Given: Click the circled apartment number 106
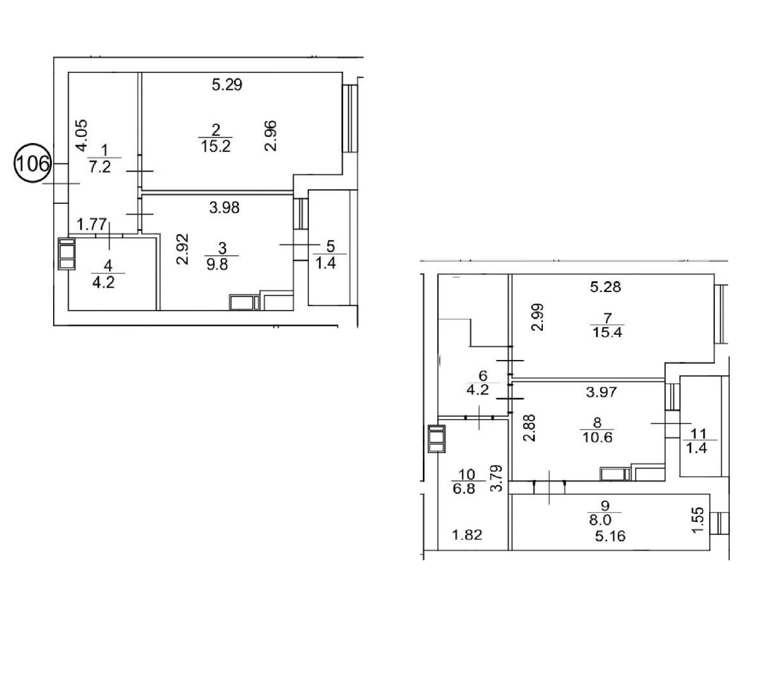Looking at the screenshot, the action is pos(33,163).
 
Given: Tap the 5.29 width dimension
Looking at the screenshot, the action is pos(227,84).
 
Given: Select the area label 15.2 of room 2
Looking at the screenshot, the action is pos(216,147).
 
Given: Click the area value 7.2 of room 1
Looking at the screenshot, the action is pos(100,167).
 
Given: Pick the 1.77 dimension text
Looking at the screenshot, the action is pos(92,224).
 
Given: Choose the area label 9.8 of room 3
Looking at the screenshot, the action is pos(217,264).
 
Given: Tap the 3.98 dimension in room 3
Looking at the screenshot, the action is pos(224,207).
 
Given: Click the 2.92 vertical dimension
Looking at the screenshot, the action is pos(183,249).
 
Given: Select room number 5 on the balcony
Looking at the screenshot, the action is pos(331,246).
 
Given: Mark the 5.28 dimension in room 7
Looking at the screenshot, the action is pos(606,287).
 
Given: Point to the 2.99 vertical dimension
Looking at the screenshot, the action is pos(537,317).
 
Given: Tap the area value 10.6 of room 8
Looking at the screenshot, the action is pos(597,437).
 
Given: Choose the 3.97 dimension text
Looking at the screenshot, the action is pos(601,391).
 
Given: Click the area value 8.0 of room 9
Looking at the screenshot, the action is pos(600,520).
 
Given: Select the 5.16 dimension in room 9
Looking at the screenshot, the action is pos(610,536).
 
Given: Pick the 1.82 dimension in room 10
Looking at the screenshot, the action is pos(467,535).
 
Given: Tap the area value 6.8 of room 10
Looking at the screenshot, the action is pos(464,489).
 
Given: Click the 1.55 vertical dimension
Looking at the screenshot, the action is pos(698,520).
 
